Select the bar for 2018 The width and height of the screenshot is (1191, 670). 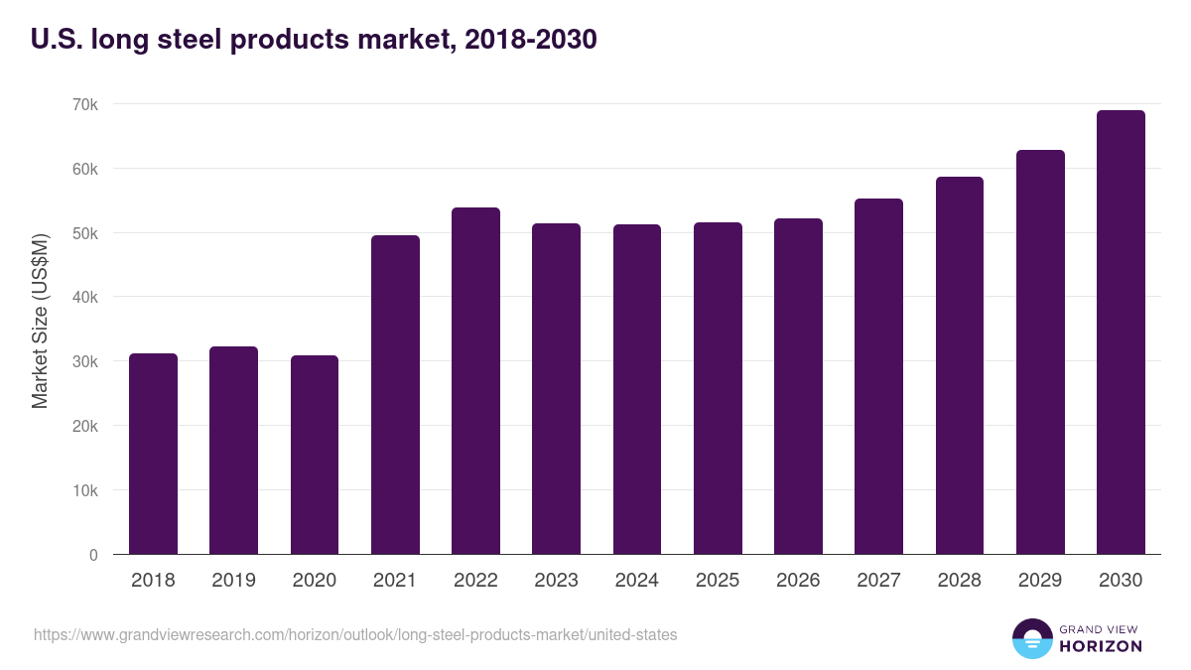[x=153, y=454]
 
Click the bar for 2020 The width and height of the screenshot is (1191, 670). [x=315, y=455]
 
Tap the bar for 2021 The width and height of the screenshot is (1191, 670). [x=395, y=395]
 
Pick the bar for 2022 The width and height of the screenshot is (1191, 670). [x=475, y=381]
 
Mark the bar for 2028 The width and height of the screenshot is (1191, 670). [x=960, y=365]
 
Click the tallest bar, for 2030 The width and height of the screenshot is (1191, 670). [x=1121, y=333]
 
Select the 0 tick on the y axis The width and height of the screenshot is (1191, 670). [x=93, y=555]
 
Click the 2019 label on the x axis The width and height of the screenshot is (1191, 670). [x=233, y=581]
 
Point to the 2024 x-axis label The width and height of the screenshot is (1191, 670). [x=637, y=581]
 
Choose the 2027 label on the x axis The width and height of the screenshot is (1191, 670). [x=878, y=581]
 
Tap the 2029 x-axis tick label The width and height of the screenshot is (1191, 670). [x=1040, y=581]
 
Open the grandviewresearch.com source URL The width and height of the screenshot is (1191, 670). [x=355, y=634]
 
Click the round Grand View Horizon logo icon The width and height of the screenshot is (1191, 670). [x=1031, y=638]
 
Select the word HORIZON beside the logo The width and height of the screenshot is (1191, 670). [x=1100, y=646]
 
